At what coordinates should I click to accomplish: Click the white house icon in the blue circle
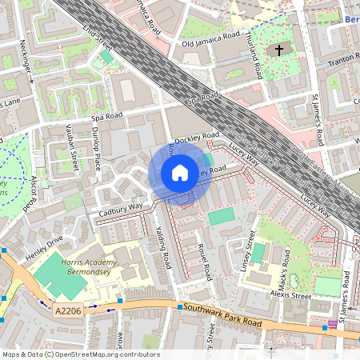point(180,173)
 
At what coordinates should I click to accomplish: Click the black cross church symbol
point(279,50)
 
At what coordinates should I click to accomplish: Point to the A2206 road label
point(69,308)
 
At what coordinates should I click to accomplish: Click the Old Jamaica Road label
point(211,42)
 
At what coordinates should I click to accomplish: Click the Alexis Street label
point(290,295)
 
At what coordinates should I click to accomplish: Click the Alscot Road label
point(30,195)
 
